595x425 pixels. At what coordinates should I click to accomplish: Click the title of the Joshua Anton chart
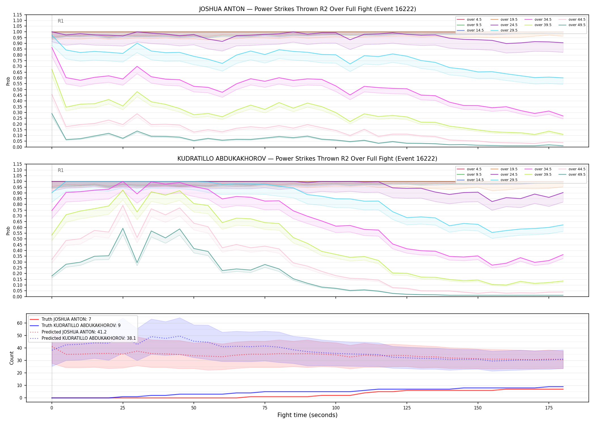(307, 9)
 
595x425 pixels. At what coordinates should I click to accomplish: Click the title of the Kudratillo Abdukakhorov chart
(307, 159)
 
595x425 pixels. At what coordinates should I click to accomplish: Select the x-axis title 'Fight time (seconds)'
(307, 415)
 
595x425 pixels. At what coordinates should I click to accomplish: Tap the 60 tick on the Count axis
(20, 323)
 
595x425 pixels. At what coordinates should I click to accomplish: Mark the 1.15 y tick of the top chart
(18, 15)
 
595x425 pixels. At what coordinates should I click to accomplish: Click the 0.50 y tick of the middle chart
(18, 239)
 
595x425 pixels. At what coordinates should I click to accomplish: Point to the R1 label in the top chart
(61, 21)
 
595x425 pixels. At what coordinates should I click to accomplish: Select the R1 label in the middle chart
(61, 170)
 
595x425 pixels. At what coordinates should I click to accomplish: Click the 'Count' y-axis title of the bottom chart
(12, 358)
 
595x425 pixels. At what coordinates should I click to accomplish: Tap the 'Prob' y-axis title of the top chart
(8, 81)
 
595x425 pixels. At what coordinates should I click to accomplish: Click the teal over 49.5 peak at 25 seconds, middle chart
(123, 228)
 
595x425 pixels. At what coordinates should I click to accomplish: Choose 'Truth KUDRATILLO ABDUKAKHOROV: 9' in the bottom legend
(75, 326)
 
